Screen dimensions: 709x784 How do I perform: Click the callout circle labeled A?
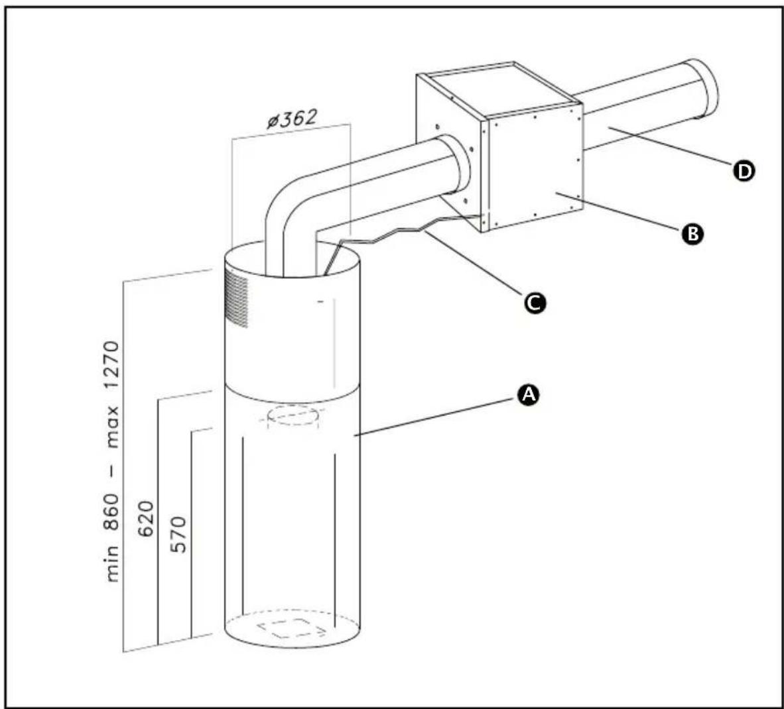(528, 395)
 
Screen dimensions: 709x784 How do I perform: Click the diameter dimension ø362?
(291, 120)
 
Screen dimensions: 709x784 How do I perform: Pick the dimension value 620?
(147, 519)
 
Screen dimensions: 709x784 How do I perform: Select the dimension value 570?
(179, 534)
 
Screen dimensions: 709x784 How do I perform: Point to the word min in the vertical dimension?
(112, 564)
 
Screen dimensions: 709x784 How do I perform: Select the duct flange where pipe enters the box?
(458, 166)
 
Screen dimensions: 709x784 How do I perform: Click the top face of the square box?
(497, 89)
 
